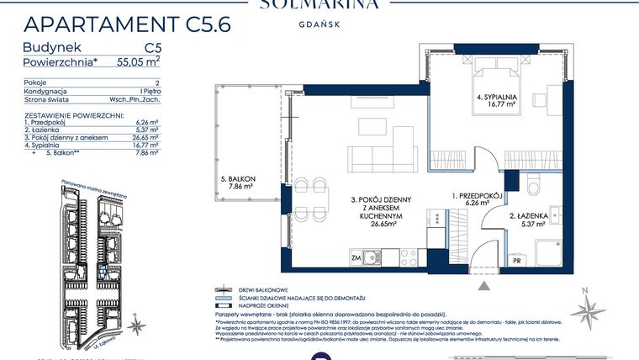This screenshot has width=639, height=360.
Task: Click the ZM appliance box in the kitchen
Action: pyautogui.click(x=356, y=257)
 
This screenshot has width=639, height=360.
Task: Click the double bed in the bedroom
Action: pyautogui.click(x=492, y=71)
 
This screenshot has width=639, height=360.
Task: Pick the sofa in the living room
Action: pyautogui.click(x=383, y=155)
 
